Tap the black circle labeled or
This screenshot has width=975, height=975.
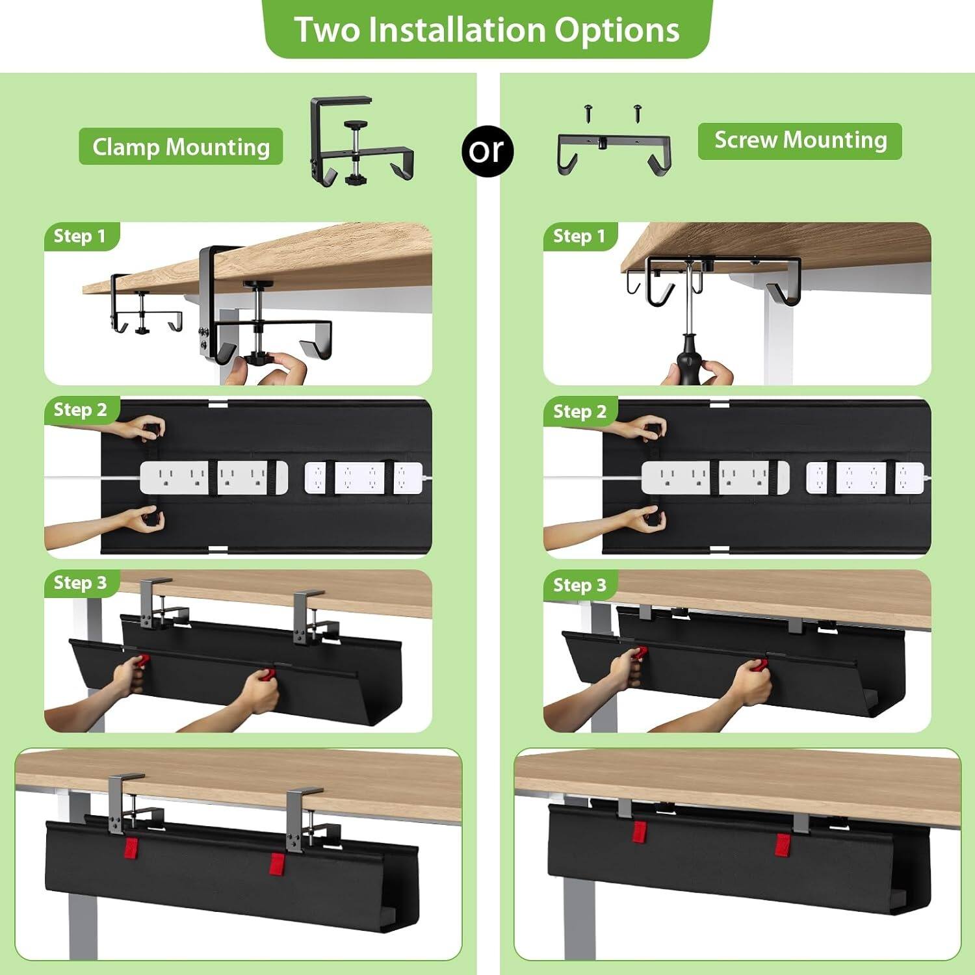[x=487, y=150]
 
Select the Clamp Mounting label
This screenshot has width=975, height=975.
[x=181, y=147]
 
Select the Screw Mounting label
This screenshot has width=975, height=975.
[x=799, y=140]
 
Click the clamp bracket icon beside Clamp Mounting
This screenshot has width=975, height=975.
[x=359, y=140]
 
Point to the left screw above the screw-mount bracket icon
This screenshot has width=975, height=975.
[x=590, y=111]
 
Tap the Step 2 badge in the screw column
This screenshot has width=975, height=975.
[x=579, y=411]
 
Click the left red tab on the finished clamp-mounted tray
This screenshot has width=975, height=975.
[x=131, y=848]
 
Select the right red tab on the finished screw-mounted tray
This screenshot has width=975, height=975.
[x=783, y=844]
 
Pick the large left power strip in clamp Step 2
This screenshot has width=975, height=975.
[x=214, y=478]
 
